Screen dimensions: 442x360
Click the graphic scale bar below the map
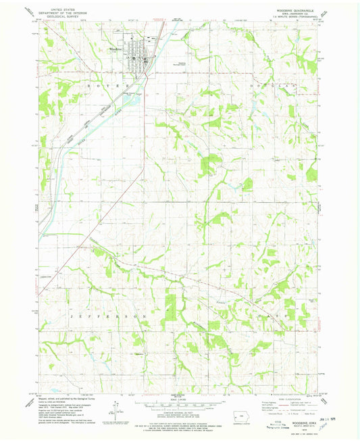click(x=177, y=403)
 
